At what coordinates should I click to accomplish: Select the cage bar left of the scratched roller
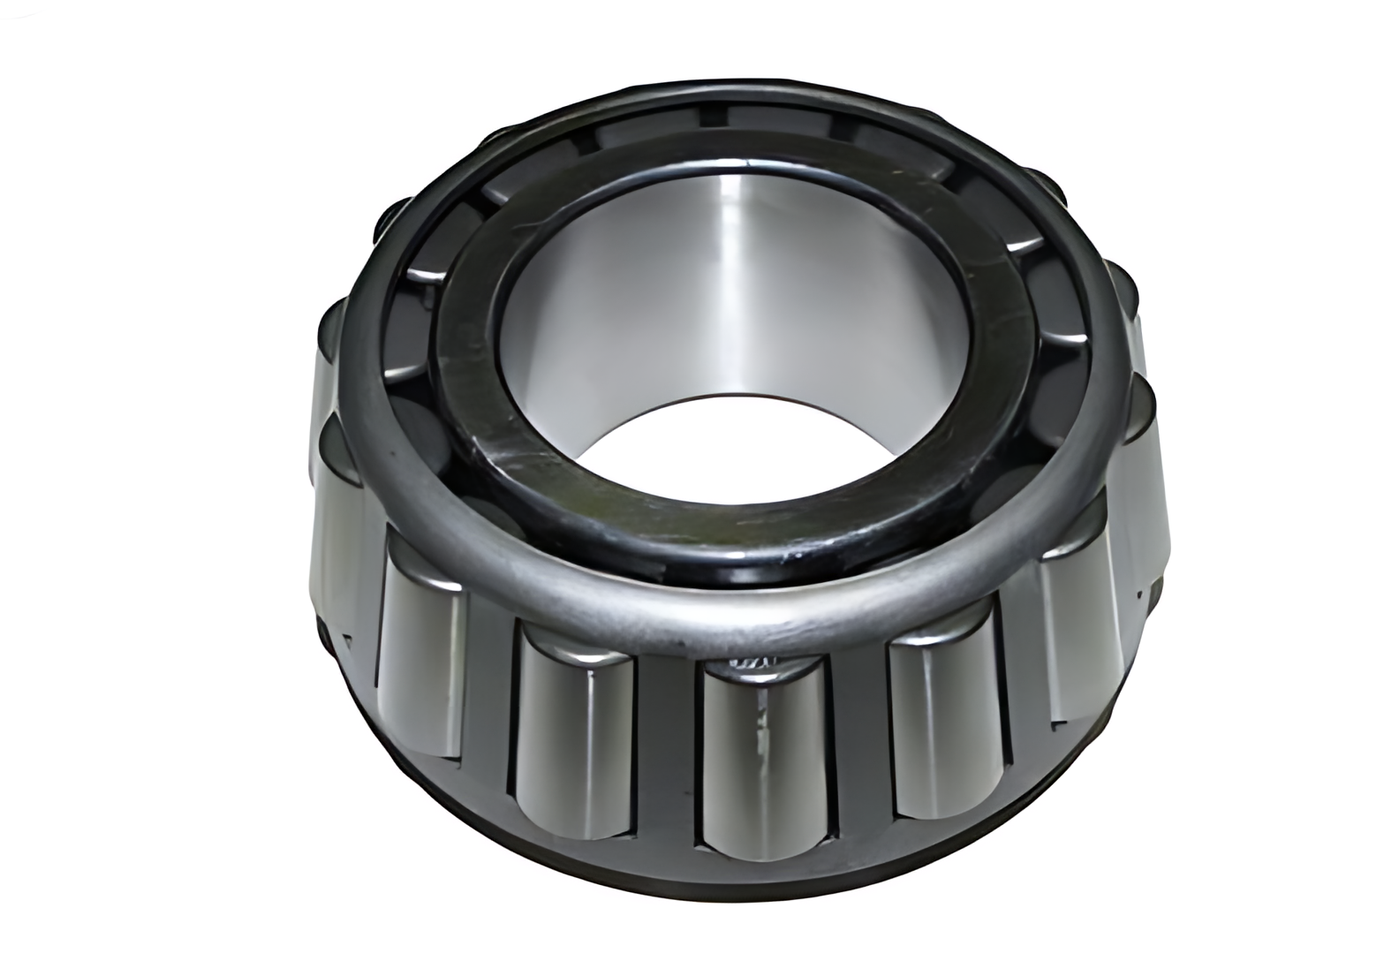(667, 760)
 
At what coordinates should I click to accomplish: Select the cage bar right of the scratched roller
(858, 751)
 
